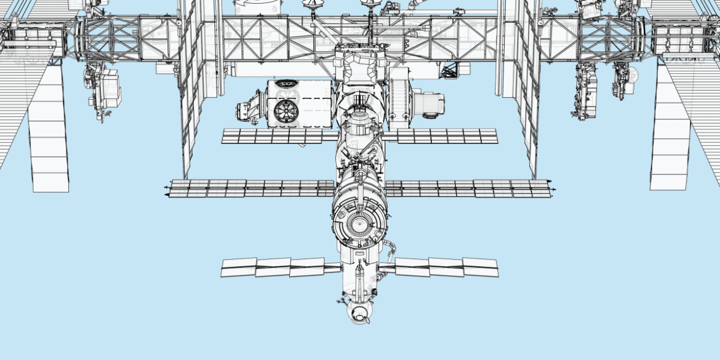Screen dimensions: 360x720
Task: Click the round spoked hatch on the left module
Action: point(286,111)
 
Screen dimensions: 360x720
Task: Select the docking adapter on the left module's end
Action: point(249,110)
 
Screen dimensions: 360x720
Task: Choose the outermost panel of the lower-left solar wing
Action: point(239,267)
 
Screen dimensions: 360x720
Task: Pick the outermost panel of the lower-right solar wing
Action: point(481,267)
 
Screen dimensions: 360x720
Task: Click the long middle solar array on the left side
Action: point(246,188)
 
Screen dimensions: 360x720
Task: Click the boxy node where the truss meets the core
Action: point(361,65)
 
